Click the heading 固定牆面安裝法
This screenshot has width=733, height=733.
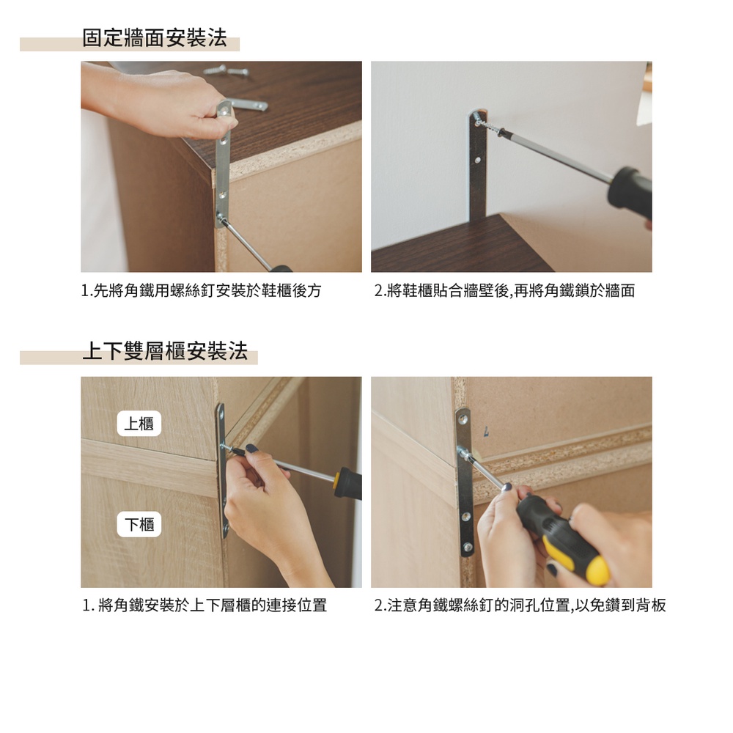[154, 38]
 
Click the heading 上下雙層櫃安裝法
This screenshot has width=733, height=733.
[165, 350]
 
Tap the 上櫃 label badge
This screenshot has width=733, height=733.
[139, 424]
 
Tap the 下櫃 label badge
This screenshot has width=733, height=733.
[139, 524]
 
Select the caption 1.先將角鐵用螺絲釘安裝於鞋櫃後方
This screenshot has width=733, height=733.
[201, 291]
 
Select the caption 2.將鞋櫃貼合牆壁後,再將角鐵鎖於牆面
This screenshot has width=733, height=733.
[504, 291]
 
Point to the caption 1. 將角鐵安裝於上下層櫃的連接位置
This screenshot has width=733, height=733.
[205, 605]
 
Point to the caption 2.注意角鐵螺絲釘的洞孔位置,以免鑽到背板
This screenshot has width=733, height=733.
[520, 605]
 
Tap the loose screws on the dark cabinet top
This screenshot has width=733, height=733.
[226, 70]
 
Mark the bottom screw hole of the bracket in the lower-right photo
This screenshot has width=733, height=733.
[467, 547]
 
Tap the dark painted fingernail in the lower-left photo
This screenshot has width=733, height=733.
[251, 449]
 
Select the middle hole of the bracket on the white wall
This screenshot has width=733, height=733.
[477, 160]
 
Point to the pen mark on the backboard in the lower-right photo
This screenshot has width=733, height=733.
[486, 432]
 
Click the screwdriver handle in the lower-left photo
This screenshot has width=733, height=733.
[348, 483]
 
